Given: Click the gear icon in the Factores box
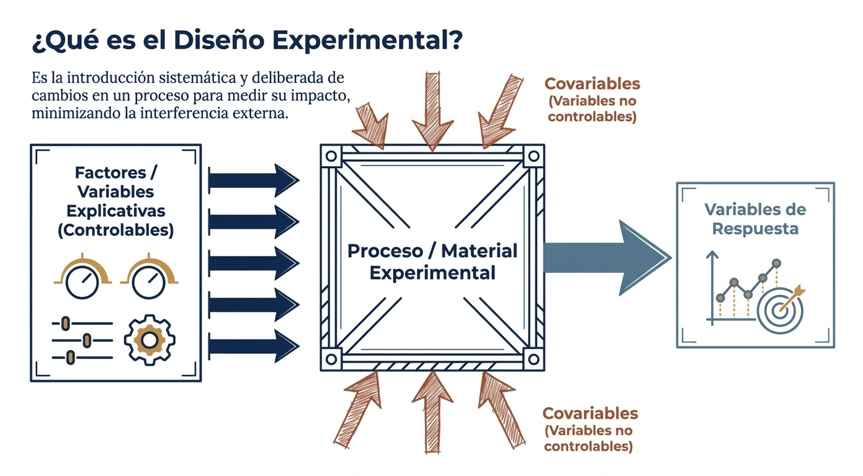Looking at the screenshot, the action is tap(150, 340).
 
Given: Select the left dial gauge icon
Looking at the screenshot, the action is tap(83, 276).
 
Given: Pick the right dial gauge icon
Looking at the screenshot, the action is tap(149, 276).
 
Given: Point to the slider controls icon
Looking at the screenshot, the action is tap(82, 340).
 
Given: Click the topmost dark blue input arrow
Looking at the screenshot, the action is tap(254, 180).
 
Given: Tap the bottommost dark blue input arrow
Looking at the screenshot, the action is tap(254, 346).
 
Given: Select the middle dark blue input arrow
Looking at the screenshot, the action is tap(254, 263).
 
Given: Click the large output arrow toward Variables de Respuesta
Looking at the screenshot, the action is tap(607, 258).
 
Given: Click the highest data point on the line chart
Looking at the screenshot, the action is tap(777, 263).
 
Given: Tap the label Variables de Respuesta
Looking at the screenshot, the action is tap(755, 219).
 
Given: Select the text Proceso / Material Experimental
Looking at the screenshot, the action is tap(432, 262).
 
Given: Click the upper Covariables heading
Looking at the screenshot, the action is tap(592, 84).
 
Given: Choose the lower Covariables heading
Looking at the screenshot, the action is tap(590, 413).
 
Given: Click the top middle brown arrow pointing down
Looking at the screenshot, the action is tap(432, 112).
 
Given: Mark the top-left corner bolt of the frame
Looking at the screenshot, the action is tap(331, 156).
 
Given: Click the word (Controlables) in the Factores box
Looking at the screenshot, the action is tap(115, 230).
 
